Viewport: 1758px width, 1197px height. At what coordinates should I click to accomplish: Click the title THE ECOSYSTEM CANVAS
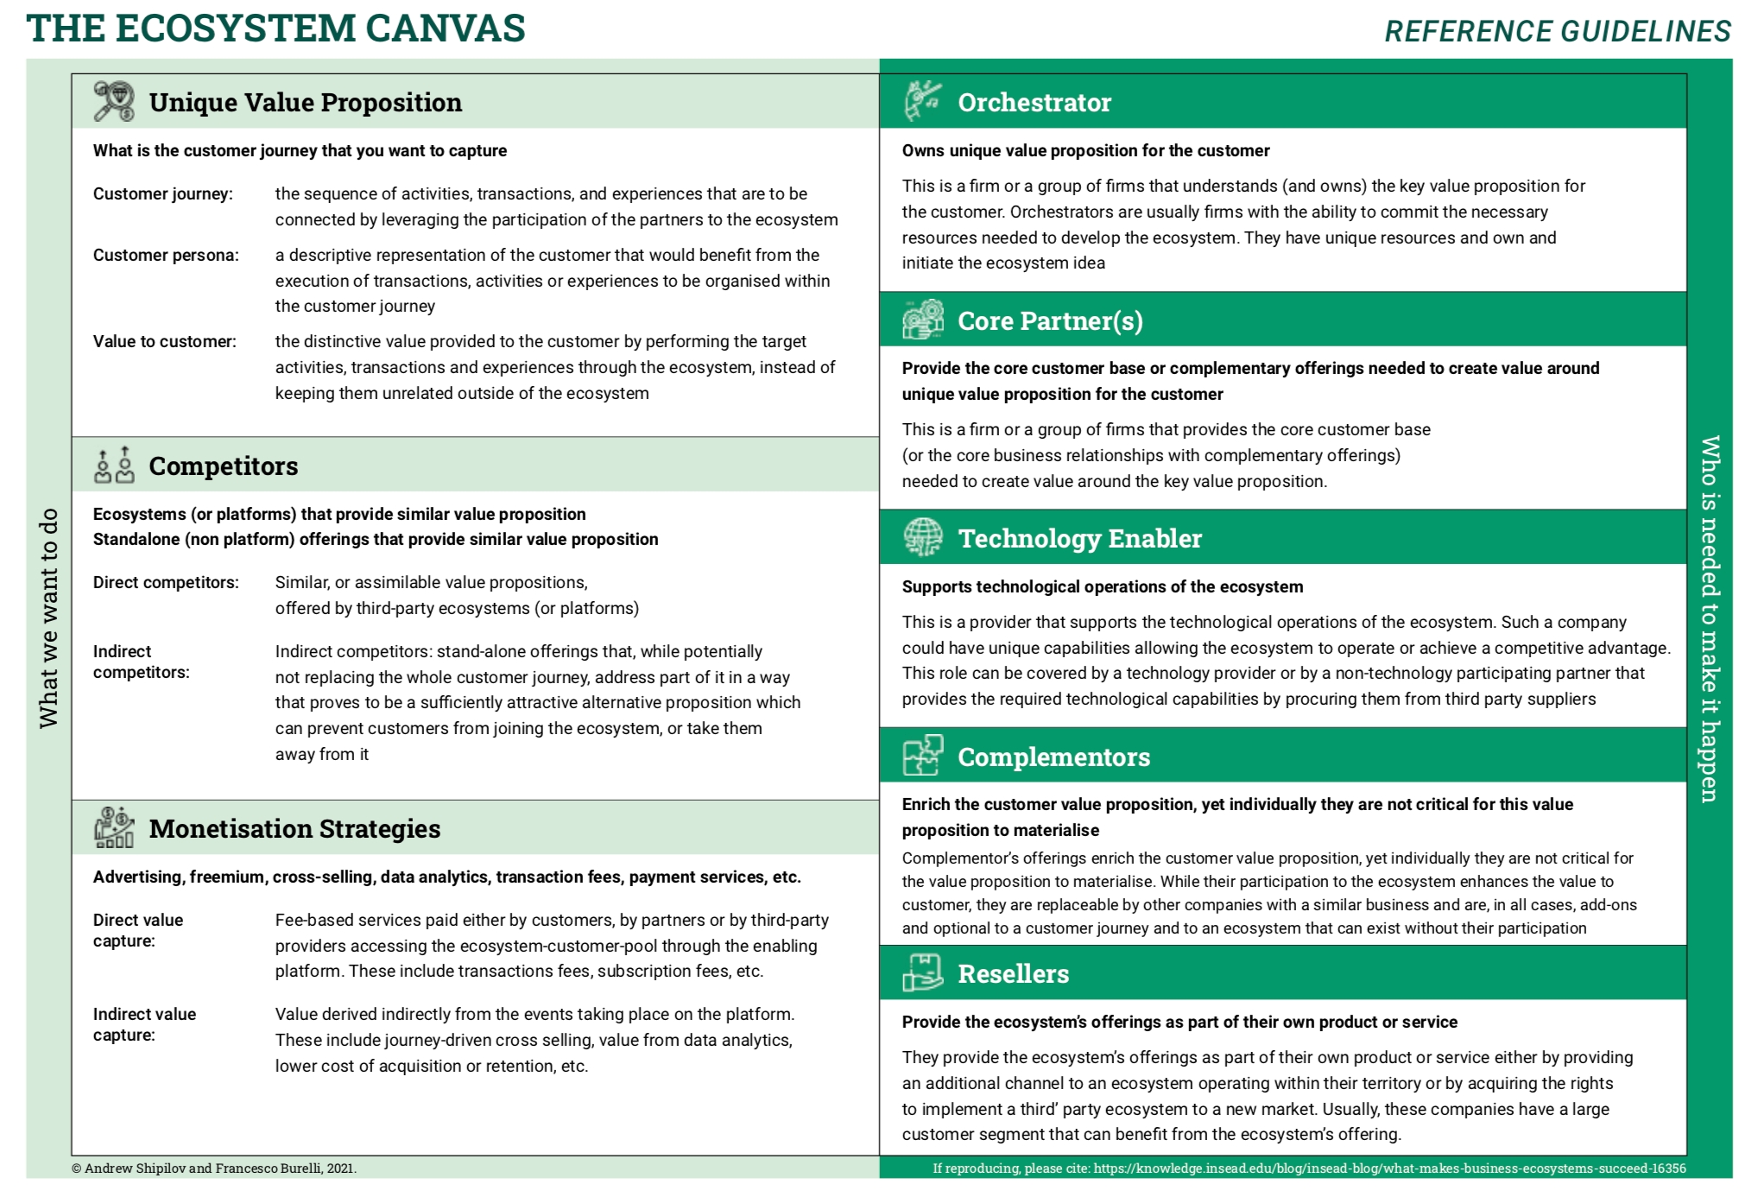point(275,28)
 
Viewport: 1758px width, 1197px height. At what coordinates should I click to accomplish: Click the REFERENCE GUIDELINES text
point(1557,31)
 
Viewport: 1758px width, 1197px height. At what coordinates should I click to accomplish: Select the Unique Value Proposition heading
point(305,102)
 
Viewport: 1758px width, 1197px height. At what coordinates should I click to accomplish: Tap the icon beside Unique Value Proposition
point(114,101)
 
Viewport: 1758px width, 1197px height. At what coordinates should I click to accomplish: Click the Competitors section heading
point(223,465)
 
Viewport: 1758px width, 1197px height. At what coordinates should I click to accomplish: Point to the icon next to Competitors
point(114,465)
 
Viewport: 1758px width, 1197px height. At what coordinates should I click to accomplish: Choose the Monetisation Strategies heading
point(294,828)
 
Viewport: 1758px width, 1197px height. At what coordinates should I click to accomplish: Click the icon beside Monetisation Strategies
point(114,827)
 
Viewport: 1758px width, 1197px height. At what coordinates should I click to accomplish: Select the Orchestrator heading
point(1034,102)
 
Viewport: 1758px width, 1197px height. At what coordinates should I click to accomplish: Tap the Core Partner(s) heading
point(1050,320)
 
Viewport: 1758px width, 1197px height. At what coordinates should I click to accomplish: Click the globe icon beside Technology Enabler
point(923,537)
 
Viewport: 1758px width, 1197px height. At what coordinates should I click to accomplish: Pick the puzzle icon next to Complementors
point(923,756)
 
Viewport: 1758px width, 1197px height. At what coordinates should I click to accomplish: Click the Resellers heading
point(1013,973)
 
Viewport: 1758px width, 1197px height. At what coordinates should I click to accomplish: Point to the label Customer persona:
point(166,255)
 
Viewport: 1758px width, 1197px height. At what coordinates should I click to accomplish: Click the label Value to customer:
point(164,341)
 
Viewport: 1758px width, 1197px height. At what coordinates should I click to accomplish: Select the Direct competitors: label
point(166,582)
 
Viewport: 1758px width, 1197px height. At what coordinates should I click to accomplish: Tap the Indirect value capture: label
point(144,1024)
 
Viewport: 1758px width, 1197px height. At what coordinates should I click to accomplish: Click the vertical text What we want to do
point(48,617)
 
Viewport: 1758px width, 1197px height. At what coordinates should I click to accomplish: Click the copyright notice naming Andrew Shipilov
point(214,1168)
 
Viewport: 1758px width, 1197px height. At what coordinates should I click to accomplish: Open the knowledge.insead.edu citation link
point(1389,1168)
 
